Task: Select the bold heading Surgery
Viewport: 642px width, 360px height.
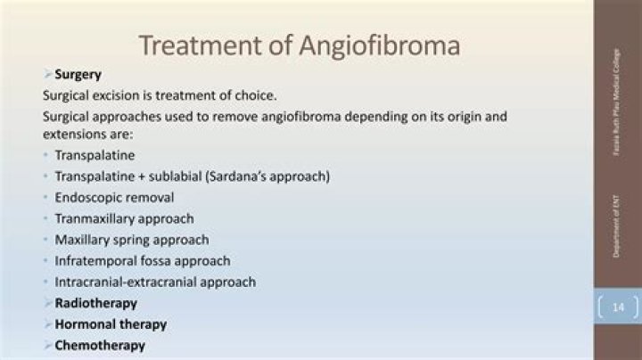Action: pyautogui.click(x=78, y=75)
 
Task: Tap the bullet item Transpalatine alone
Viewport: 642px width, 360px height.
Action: pyautogui.click(x=95, y=155)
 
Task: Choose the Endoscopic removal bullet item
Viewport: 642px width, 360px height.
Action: pyautogui.click(x=114, y=197)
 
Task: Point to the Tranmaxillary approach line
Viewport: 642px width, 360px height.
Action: pyautogui.click(x=124, y=218)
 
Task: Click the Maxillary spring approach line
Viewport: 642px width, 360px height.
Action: pyautogui.click(x=132, y=240)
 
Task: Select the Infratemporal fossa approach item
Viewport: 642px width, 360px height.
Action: pyautogui.click(x=143, y=261)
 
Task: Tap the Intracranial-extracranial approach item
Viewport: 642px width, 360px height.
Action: pyautogui.click(x=155, y=282)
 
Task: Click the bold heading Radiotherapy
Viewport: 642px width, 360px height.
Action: pyautogui.click(x=96, y=303)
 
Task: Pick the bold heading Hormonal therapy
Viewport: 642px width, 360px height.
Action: pyautogui.click(x=111, y=324)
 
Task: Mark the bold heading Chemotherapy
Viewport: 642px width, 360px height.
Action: pyautogui.click(x=100, y=345)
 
